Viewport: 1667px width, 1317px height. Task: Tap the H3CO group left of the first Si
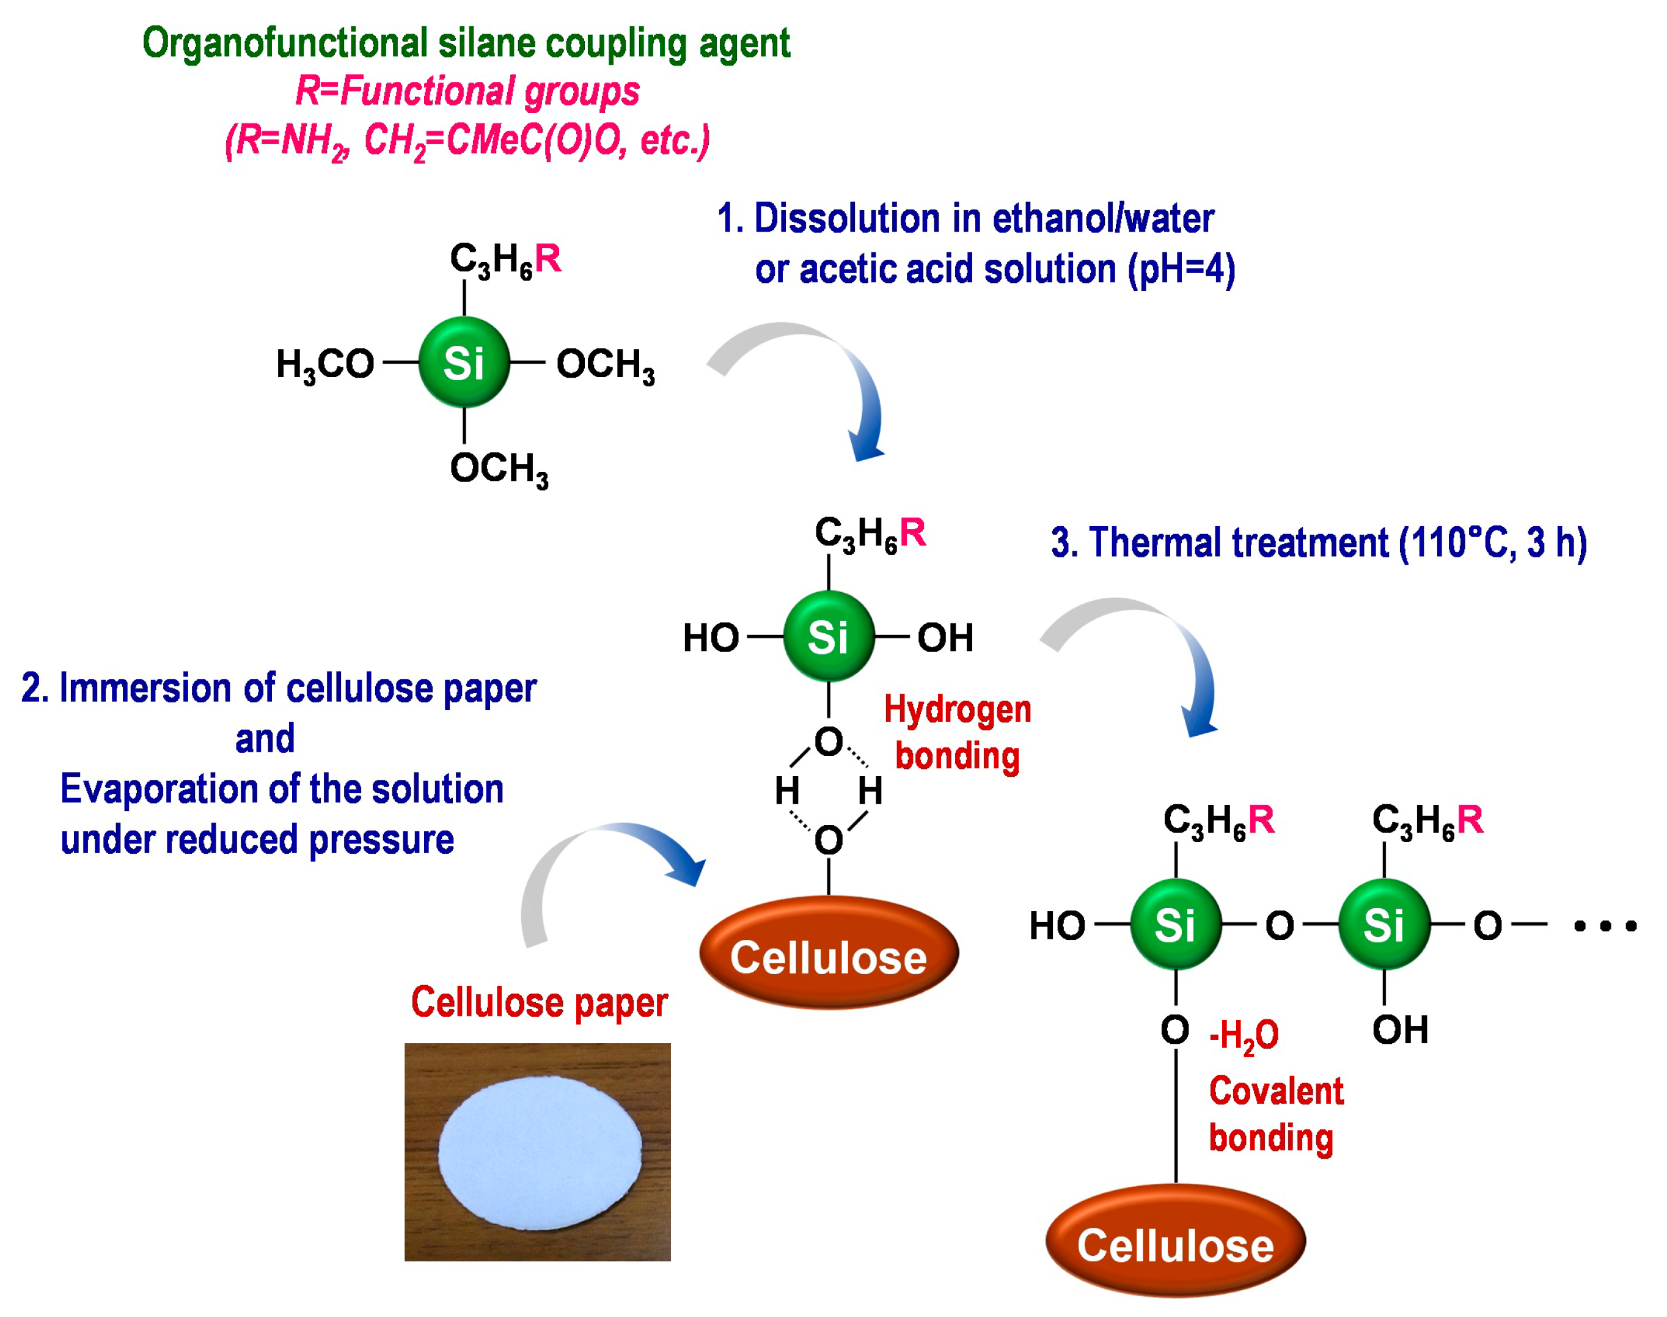click(x=324, y=364)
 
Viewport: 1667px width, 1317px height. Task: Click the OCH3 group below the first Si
click(x=499, y=469)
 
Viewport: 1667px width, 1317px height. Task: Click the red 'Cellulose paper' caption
click(x=538, y=1002)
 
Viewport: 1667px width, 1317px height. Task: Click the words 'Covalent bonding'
click(x=1275, y=1114)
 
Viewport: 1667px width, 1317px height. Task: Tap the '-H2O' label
click(x=1244, y=1035)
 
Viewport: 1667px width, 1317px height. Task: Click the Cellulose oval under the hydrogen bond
click(x=828, y=956)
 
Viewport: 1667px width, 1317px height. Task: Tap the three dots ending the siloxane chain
click(x=1604, y=925)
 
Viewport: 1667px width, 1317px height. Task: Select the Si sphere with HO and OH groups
click(x=828, y=637)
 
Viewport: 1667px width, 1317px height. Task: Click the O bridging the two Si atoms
click(x=1279, y=925)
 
